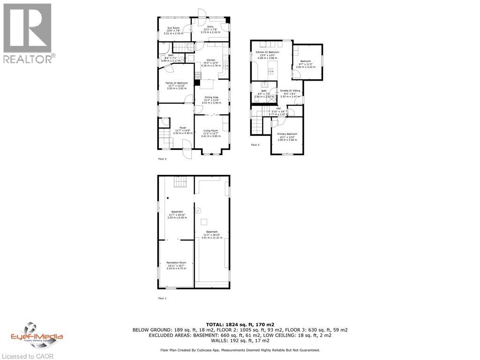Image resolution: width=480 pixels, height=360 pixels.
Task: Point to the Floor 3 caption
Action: (x=255, y=145)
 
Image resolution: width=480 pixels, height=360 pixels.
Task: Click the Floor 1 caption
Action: (x=162, y=298)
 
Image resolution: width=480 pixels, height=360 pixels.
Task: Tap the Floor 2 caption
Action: (x=162, y=159)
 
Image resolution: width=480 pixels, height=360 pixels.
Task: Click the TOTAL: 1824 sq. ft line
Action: (x=240, y=324)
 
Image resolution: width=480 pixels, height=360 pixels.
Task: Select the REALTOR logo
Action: (x=28, y=33)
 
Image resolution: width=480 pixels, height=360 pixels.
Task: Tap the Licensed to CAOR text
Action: (x=27, y=356)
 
